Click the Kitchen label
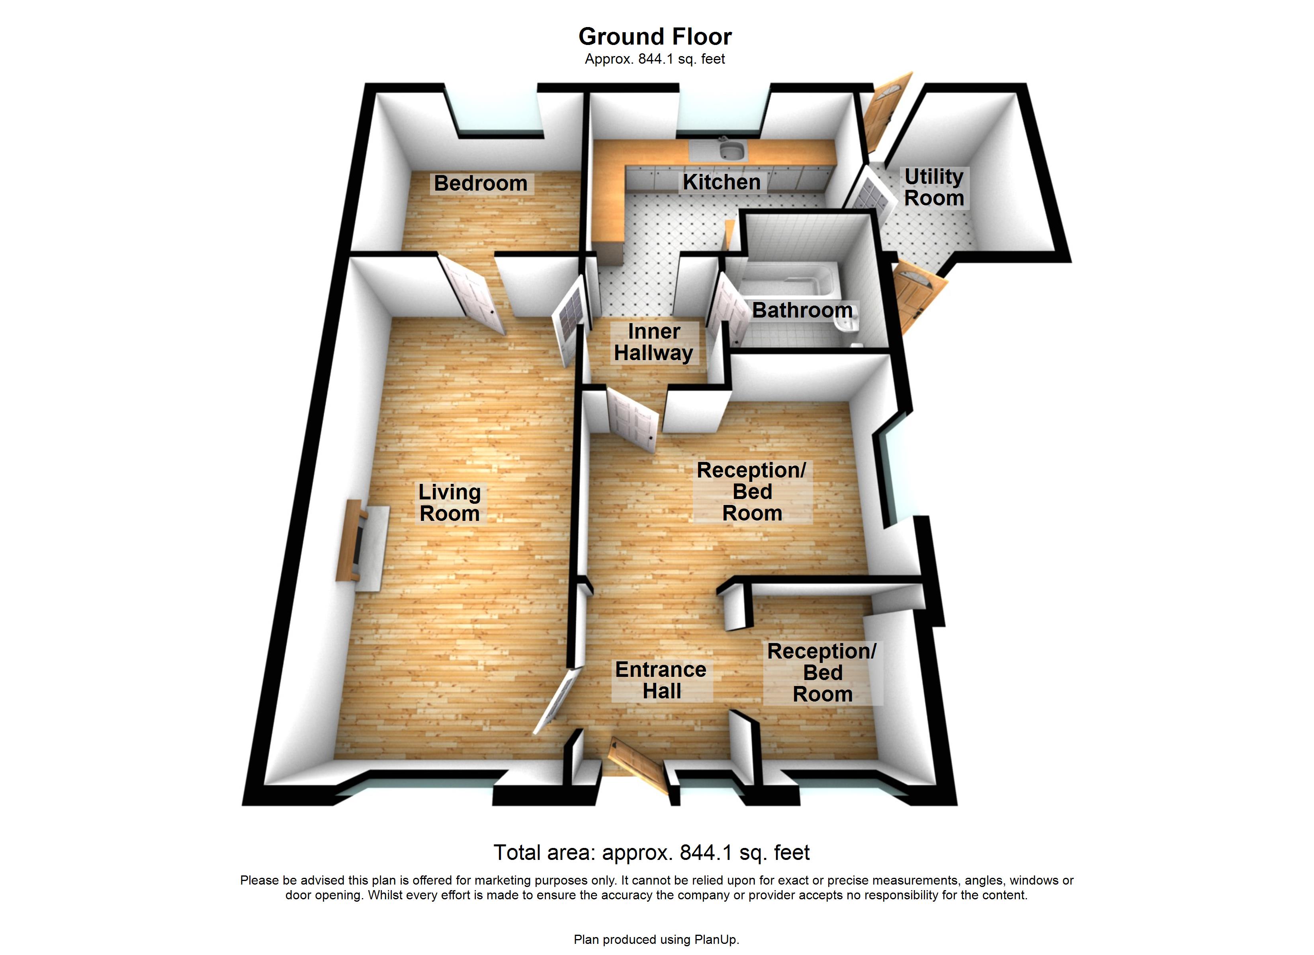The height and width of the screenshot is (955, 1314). pyautogui.click(x=722, y=182)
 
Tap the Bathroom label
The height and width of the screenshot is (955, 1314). pyautogui.click(x=802, y=310)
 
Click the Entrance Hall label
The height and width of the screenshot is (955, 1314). pyautogui.click(x=661, y=680)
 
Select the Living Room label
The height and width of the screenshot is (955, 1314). pyautogui.click(x=449, y=503)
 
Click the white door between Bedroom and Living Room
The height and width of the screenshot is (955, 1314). pyautogui.click(x=473, y=295)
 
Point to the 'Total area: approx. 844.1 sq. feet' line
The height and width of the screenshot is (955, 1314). pyautogui.click(x=651, y=852)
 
